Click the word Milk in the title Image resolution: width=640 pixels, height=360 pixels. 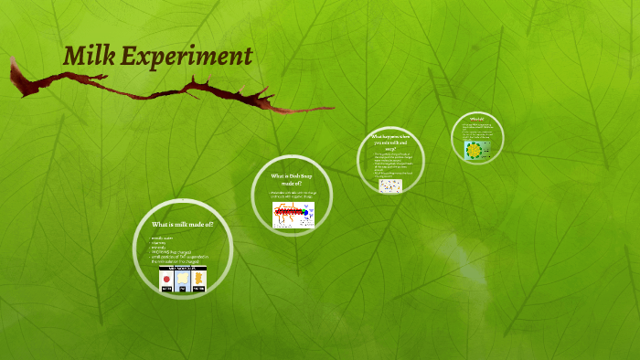coord(89,57)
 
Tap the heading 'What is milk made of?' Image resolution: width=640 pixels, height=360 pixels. coord(182,224)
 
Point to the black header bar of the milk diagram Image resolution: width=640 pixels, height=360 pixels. coord(182,269)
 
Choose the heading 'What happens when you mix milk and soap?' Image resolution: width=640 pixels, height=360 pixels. coord(389,142)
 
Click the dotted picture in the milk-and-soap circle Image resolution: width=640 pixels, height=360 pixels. coord(390,185)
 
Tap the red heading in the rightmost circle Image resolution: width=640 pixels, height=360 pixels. coord(475,119)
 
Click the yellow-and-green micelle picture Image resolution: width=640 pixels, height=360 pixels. coord(475,150)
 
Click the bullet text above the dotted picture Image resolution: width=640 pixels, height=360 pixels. coord(389,164)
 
